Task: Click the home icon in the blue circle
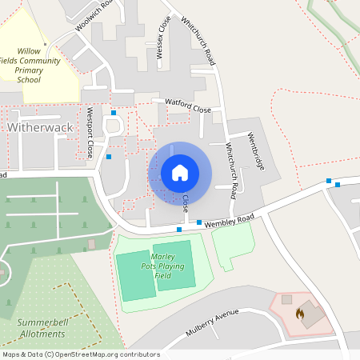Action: pyautogui.click(x=180, y=173)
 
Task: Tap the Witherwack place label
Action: pyautogui.click(x=39, y=127)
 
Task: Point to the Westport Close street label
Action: pyautogui.click(x=91, y=131)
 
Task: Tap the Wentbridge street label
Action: pyautogui.click(x=255, y=148)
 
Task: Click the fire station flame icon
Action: pyautogui.click(x=300, y=314)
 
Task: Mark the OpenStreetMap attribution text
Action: pyautogui.click(x=81, y=354)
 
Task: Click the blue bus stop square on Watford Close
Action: pyautogui.click(x=114, y=113)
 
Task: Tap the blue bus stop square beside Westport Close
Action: pyautogui.click(x=109, y=157)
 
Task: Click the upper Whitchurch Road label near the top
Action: pyautogui.click(x=198, y=40)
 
